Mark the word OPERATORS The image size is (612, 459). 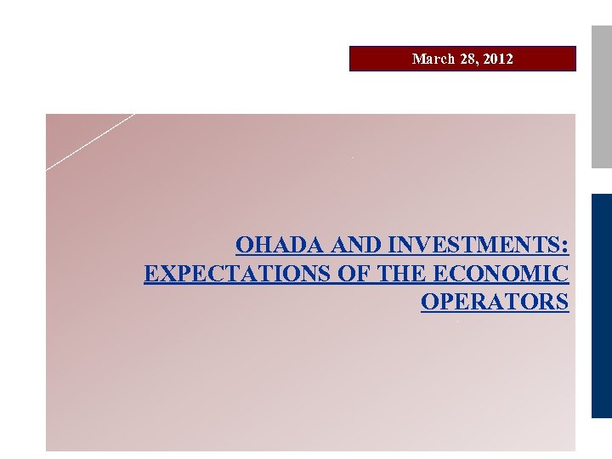click(495, 303)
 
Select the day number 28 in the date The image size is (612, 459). click(464, 59)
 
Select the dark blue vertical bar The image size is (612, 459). click(602, 306)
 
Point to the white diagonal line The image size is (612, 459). click(90, 142)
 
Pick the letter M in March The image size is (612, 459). click(417, 59)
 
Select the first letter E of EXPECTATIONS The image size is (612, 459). click(151, 274)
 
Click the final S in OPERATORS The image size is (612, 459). click(562, 303)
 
